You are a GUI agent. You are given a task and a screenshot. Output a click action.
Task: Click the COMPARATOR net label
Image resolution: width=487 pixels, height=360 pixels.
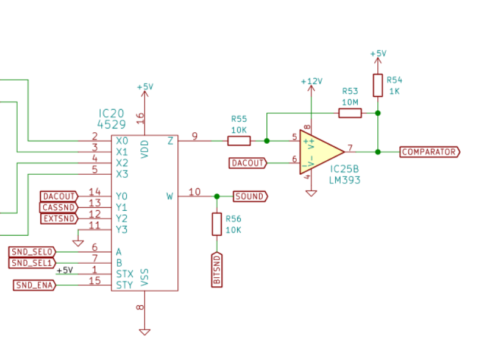(x=430, y=152)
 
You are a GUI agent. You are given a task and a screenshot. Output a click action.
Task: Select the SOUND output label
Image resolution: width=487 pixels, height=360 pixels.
(x=251, y=196)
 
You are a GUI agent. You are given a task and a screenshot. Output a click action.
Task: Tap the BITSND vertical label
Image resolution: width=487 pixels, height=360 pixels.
(x=217, y=270)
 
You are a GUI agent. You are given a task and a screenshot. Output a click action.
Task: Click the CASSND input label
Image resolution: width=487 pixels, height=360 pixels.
(x=59, y=207)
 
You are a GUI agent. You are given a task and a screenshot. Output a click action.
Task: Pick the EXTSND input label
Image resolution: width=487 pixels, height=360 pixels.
(x=59, y=219)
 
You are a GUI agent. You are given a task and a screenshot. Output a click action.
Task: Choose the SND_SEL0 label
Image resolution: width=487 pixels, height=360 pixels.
(x=32, y=252)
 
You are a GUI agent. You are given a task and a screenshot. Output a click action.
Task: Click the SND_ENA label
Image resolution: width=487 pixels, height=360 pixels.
(x=35, y=285)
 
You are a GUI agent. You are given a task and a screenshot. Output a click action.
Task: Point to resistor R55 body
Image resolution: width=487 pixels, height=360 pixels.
(x=239, y=141)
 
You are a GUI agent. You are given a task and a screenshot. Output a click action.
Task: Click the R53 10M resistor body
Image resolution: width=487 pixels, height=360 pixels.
(x=350, y=113)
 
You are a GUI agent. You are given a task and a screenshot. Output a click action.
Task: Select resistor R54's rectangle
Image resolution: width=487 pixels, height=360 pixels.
(x=378, y=85)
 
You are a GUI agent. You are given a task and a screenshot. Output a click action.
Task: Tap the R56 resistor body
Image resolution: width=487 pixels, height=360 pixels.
(x=217, y=224)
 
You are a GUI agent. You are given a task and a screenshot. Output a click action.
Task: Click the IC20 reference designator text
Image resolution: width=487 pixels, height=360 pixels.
(x=111, y=113)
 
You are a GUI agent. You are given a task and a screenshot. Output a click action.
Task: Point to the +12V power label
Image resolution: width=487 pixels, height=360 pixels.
(x=311, y=81)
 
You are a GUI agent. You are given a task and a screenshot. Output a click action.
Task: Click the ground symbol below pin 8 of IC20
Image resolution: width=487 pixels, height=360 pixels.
(x=144, y=332)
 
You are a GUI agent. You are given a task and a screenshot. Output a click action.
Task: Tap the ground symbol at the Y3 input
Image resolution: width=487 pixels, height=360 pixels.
(x=78, y=243)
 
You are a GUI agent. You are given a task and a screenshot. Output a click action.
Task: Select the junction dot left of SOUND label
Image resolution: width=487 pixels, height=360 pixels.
(x=217, y=196)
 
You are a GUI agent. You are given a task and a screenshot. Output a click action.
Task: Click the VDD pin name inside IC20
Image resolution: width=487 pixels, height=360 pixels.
(x=144, y=149)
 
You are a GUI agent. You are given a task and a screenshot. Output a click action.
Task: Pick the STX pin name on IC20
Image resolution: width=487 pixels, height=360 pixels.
(x=124, y=274)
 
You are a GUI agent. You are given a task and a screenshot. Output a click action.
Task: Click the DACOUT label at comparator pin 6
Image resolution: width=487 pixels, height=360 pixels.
(x=248, y=163)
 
